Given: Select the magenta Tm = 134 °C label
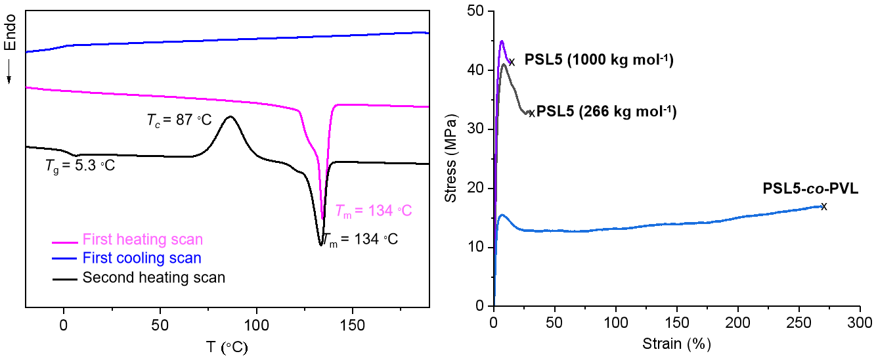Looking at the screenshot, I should point(373,211).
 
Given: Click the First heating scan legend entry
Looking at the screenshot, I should point(142,239).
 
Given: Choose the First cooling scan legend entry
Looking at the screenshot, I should point(142,258).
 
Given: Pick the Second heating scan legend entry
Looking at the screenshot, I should point(154,277).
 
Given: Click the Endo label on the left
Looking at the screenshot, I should point(10,33).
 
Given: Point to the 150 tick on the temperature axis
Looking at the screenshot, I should point(353,325).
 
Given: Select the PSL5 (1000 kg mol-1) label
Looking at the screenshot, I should point(599,61).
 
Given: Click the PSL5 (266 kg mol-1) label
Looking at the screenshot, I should point(606,111).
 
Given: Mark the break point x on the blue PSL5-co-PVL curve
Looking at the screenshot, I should point(824,206).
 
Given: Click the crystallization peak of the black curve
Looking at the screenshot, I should point(230,117).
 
